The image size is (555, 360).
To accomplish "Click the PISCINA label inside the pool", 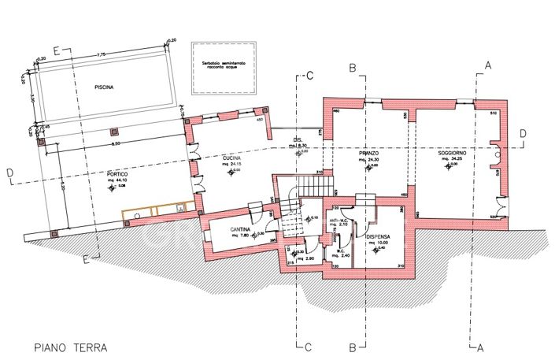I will pyautogui.click(x=102, y=88).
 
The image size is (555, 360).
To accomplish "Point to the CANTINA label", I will pyautogui.click(x=230, y=229).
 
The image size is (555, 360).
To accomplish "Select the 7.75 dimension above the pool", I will pyautogui.click(x=102, y=54).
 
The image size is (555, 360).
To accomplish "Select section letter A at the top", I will pyautogui.click(x=488, y=65).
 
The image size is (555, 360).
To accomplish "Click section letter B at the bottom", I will pyautogui.click(x=354, y=346).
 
